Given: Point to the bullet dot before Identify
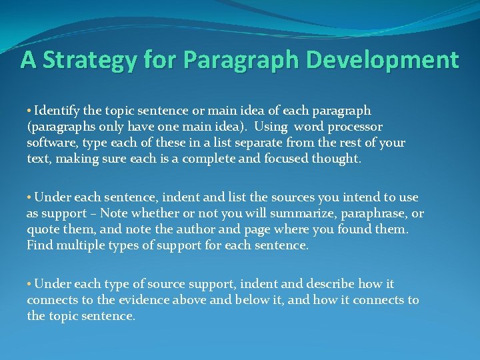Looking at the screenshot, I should click(29, 111).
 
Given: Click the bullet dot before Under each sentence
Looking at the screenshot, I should click(29, 197).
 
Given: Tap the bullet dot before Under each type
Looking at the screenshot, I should click(29, 284).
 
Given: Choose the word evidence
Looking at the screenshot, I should click(143, 300).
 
